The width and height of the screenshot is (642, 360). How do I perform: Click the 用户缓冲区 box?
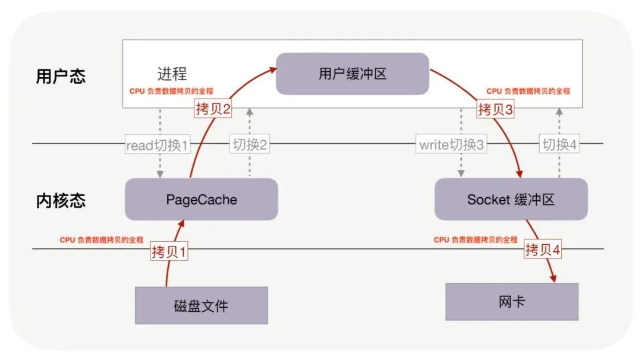click(353, 74)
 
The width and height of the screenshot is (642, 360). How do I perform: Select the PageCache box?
click(201, 200)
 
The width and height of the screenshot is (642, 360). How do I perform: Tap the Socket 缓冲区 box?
click(511, 200)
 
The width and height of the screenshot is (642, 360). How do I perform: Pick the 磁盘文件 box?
click(201, 306)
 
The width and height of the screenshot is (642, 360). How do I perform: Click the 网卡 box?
click(512, 302)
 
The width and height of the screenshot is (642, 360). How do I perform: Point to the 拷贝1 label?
click(169, 252)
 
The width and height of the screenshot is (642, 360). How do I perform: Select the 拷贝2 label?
click(212, 109)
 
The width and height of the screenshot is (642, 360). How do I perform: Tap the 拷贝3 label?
click(495, 109)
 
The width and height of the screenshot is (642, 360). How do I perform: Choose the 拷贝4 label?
click(543, 250)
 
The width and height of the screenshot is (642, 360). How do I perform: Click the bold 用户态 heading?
click(61, 77)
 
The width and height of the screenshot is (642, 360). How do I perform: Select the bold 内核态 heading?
click(61, 200)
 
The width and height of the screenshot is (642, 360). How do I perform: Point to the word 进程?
click(172, 74)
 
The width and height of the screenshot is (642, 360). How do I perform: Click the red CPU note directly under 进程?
click(171, 91)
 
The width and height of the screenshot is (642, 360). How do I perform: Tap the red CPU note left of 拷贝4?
click(476, 240)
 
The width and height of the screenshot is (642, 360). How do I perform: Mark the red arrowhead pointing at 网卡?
click(553, 278)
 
